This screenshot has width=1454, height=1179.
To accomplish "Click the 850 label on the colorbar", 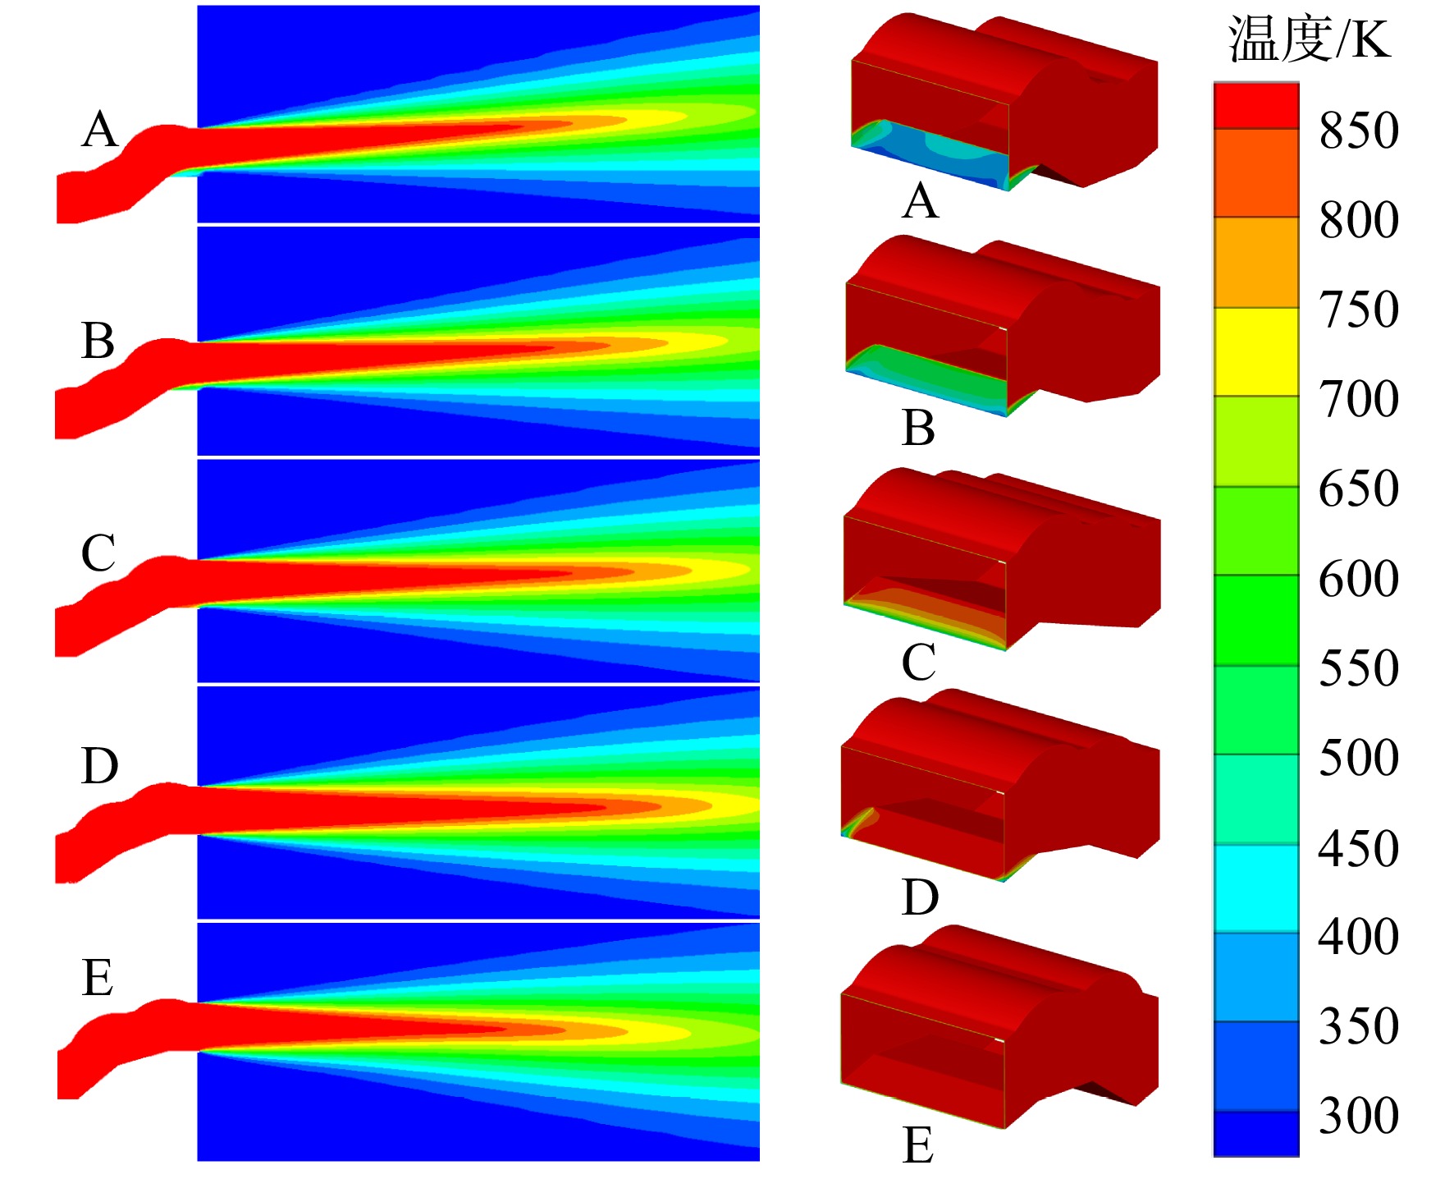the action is click(x=1359, y=130).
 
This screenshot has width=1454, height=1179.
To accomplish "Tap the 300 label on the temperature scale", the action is click(x=1359, y=1115).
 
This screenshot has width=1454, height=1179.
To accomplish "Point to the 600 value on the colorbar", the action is click(x=1359, y=578).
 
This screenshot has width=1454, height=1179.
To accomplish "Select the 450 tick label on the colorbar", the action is click(x=1359, y=847).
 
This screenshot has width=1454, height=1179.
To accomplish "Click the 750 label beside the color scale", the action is click(x=1359, y=309).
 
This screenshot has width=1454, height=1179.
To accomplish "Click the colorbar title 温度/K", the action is click(x=1310, y=39).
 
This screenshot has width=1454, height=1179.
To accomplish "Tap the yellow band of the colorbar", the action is click(x=1256, y=352).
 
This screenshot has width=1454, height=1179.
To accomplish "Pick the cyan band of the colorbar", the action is click(x=1256, y=888).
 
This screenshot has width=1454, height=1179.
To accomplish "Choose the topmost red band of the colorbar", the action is click(x=1256, y=106).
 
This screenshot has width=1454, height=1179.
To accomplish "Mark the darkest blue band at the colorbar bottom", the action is click(x=1256, y=1133).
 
